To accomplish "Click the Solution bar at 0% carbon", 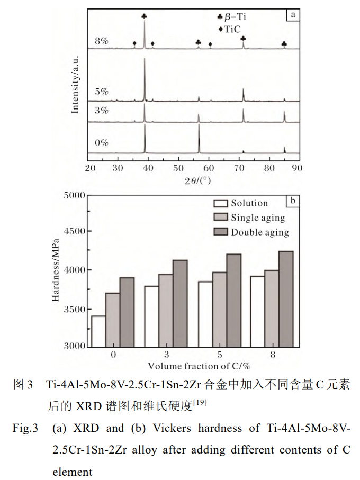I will pyautogui.click(x=98, y=331).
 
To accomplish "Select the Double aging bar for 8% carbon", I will pyautogui.click(x=285, y=298).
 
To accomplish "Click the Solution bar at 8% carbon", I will pyautogui.click(x=257, y=311).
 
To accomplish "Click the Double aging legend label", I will pyautogui.click(x=260, y=232).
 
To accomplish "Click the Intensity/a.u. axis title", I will pyautogui.click(x=75, y=84).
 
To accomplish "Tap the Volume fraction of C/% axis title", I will pyautogui.click(x=199, y=366).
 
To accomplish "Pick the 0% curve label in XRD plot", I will pyautogui.click(x=102, y=143).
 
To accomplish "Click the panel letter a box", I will pyautogui.click(x=292, y=15).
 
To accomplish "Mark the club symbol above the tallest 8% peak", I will pyautogui.click(x=145, y=16).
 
